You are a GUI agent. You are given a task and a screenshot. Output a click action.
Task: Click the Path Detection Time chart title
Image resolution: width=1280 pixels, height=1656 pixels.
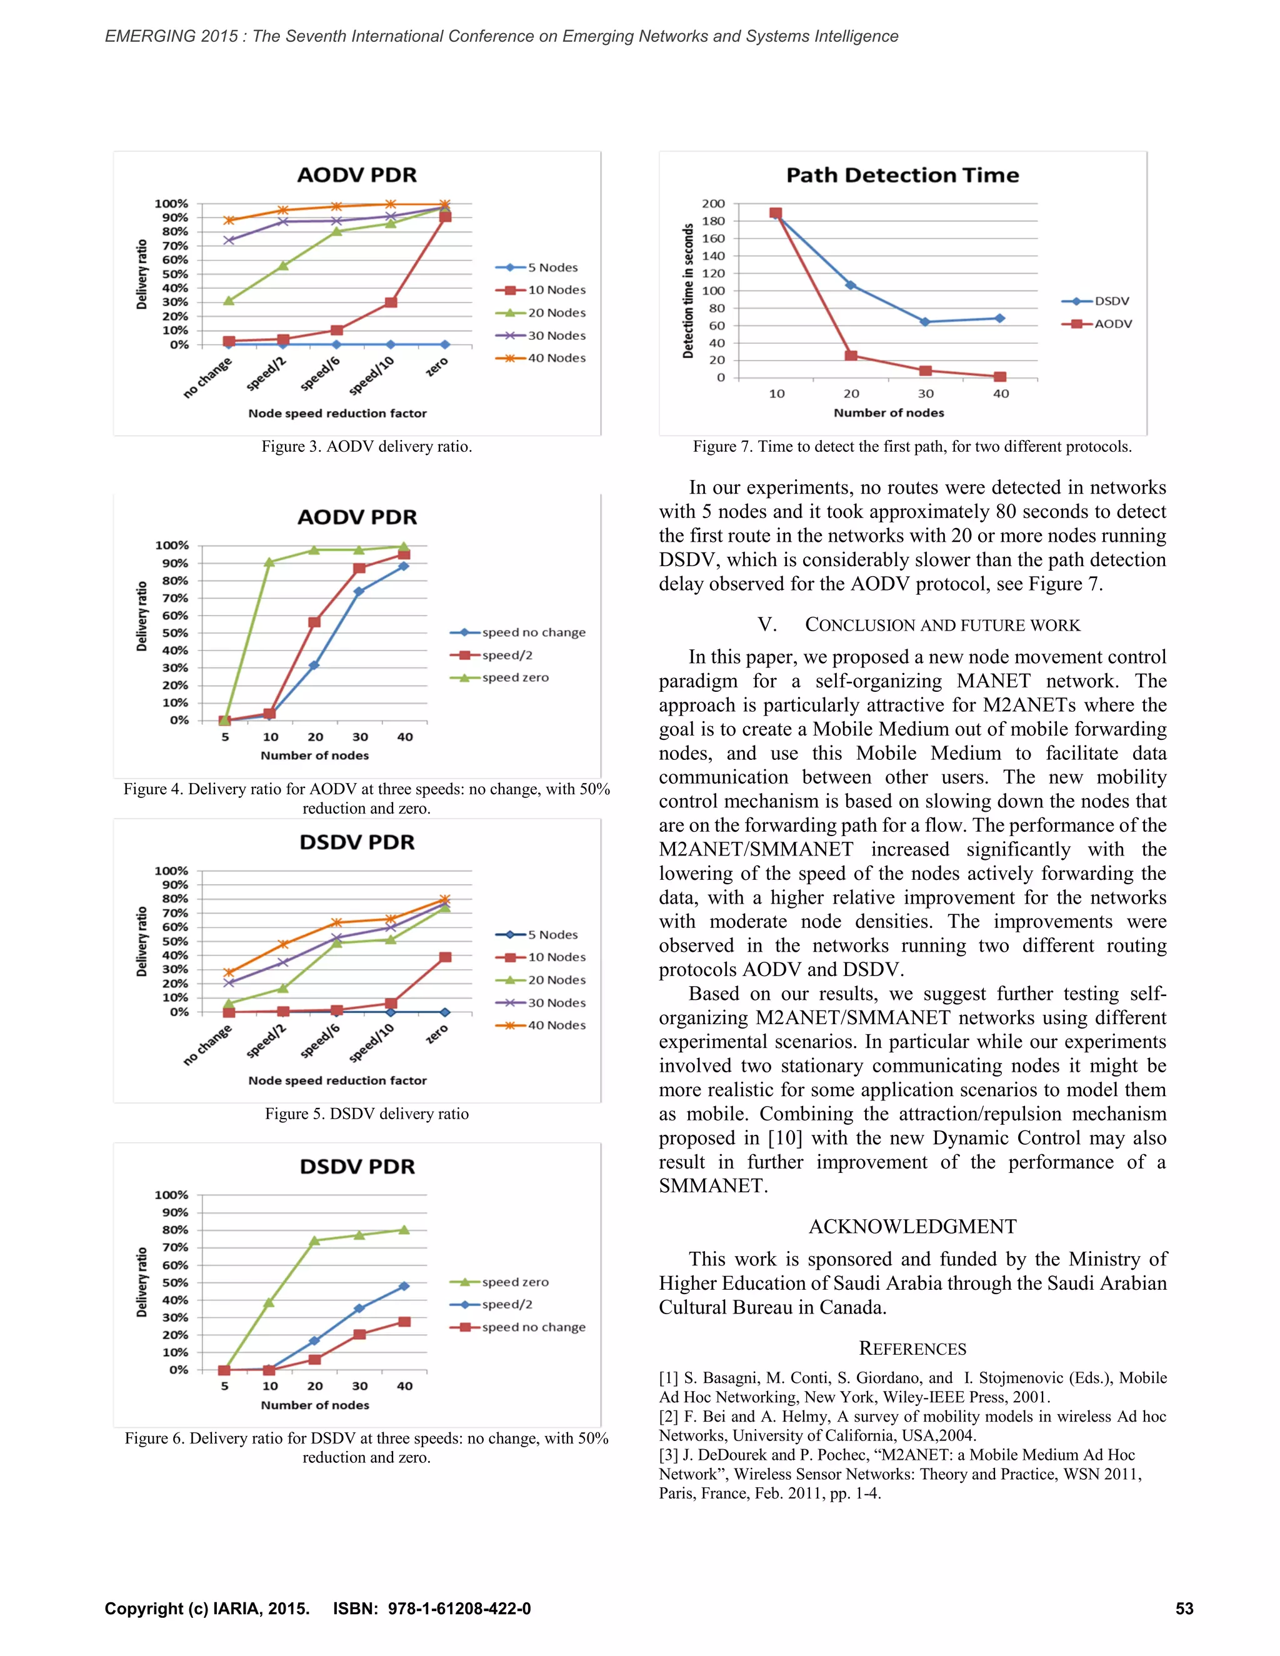pyautogui.click(x=902, y=175)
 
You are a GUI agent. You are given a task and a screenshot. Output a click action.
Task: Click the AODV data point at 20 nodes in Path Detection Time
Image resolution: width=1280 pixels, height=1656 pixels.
pyautogui.click(x=851, y=356)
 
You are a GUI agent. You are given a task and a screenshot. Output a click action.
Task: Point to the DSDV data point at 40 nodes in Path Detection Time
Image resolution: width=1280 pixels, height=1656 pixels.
pyautogui.click(x=1000, y=319)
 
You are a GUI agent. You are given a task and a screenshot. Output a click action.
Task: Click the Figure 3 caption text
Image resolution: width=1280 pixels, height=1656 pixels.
pyautogui.click(x=366, y=447)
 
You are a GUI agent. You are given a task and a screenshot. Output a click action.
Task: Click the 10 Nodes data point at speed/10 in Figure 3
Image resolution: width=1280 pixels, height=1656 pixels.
pyautogui.click(x=391, y=302)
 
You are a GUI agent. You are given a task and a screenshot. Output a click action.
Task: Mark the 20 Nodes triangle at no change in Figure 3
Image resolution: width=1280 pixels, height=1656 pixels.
pyautogui.click(x=229, y=301)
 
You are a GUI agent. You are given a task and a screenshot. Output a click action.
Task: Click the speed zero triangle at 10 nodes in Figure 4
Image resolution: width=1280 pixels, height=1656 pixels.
pyautogui.click(x=269, y=562)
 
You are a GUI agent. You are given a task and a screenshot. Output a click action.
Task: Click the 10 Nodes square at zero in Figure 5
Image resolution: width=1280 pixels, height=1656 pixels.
pyautogui.click(x=445, y=957)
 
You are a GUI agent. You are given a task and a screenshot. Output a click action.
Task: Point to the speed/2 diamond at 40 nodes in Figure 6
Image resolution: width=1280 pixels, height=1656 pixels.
pyautogui.click(x=404, y=1287)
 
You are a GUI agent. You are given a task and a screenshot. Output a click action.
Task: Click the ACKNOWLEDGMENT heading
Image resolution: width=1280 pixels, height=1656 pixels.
pyautogui.click(x=912, y=1227)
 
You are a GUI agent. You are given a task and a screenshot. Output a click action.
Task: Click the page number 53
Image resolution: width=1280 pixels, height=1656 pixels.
pyautogui.click(x=1184, y=1609)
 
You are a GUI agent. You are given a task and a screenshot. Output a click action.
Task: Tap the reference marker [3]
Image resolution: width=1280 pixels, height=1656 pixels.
pyautogui.click(x=668, y=1455)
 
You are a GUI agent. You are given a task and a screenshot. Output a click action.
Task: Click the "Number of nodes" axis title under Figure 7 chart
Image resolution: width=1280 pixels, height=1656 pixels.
pyautogui.click(x=889, y=413)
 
